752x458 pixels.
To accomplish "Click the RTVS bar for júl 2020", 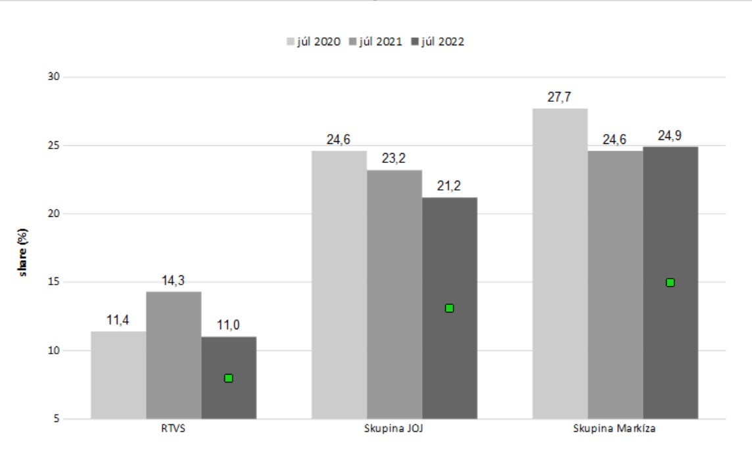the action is click(x=118, y=375).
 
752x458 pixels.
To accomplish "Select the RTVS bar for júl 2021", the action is click(x=174, y=355).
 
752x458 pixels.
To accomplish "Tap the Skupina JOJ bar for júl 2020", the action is click(x=340, y=285).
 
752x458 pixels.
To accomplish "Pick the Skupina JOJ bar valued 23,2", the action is click(x=394, y=294).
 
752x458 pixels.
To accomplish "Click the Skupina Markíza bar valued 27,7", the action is click(x=560, y=263).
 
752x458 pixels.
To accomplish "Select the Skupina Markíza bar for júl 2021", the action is click(x=615, y=285).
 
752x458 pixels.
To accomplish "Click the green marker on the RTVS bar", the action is click(x=229, y=378).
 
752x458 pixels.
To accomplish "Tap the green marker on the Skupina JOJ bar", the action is click(x=450, y=308).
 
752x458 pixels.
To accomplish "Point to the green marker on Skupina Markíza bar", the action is click(x=670, y=283).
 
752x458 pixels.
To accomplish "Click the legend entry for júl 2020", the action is click(x=314, y=41).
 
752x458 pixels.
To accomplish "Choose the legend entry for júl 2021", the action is click(x=375, y=41).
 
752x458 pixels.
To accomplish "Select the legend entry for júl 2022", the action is click(x=438, y=41).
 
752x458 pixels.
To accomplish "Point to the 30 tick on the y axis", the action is click(x=54, y=77).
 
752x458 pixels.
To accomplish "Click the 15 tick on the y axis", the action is click(x=54, y=282).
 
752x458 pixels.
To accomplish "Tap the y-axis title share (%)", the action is click(x=22, y=252).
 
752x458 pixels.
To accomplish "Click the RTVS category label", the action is click(x=173, y=428).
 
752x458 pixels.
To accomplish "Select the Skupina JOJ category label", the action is click(x=394, y=428).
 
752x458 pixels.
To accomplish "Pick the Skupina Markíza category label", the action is click(x=615, y=428).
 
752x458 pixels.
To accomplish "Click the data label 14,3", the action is click(x=173, y=281).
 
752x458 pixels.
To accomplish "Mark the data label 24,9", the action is click(x=670, y=136).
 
